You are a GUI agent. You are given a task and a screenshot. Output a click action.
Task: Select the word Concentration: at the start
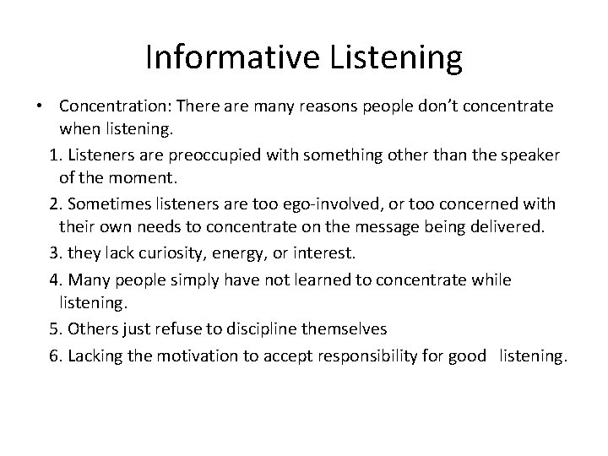point(113,107)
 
